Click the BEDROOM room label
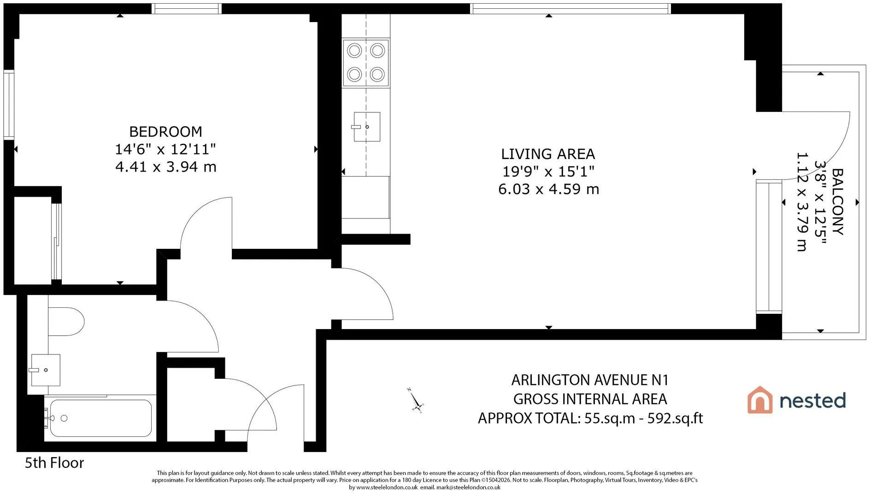tap(165, 132)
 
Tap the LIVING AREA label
tap(548, 154)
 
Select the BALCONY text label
tap(837, 202)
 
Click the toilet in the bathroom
tap(66, 322)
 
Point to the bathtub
tap(100, 418)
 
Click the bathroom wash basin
tap(46, 370)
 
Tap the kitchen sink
tap(367, 127)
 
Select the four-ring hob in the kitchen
tap(366, 63)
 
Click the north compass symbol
tap(416, 400)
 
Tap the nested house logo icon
tap(759, 400)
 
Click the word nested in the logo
tap(812, 400)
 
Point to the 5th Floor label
tap(54, 463)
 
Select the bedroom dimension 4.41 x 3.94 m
tap(166, 166)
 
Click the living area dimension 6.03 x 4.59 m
tap(548, 189)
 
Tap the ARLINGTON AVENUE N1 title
tap(590, 380)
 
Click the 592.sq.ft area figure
tap(675, 418)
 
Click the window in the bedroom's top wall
tap(187, 9)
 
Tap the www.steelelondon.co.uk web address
tap(387, 488)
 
